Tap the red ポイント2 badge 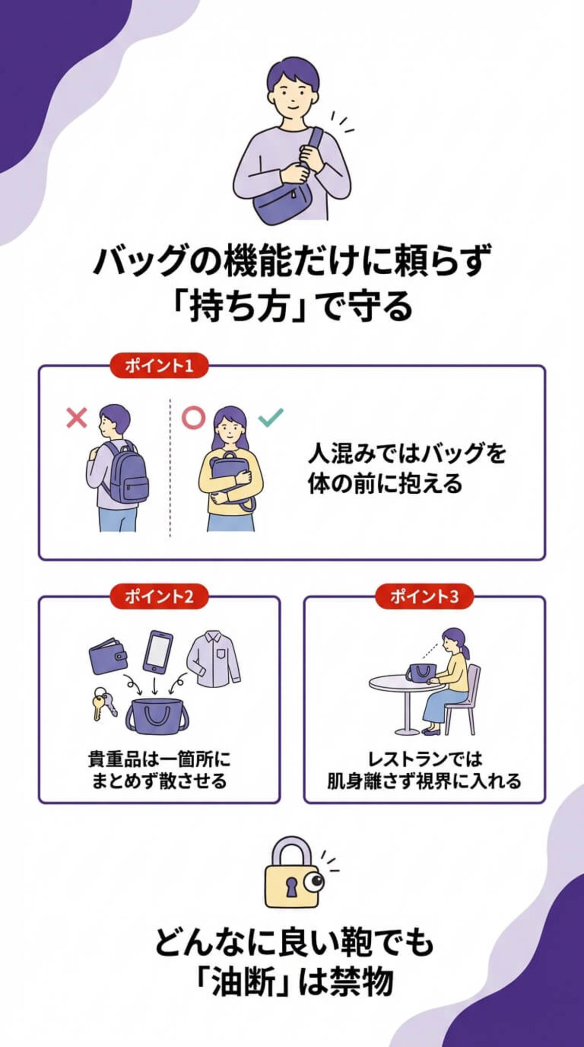pyautogui.click(x=159, y=596)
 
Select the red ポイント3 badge pyautogui.click(x=424, y=596)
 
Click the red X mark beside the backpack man pyautogui.click(x=77, y=418)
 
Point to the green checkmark pyautogui.click(x=271, y=417)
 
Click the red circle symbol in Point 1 pyautogui.click(x=193, y=418)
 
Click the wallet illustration pyautogui.click(x=109, y=655)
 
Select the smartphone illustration pyautogui.click(x=158, y=652)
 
